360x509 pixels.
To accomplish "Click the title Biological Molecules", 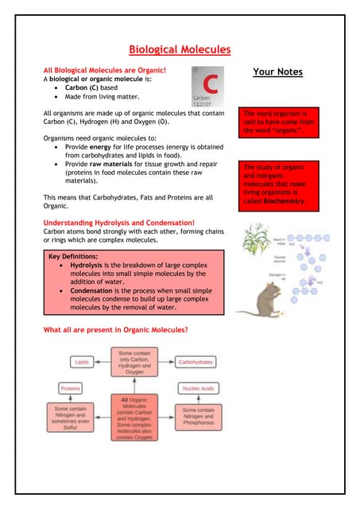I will tap(180, 50).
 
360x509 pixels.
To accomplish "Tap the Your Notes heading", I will tap(277, 72).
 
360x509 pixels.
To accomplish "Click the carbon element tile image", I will tap(208, 87).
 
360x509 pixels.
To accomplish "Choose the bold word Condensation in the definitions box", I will tap(96, 291).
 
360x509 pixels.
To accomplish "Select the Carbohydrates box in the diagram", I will tap(195, 362).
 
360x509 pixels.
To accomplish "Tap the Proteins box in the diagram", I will tap(71, 388).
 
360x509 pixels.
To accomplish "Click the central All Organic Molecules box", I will tap(133, 418).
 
